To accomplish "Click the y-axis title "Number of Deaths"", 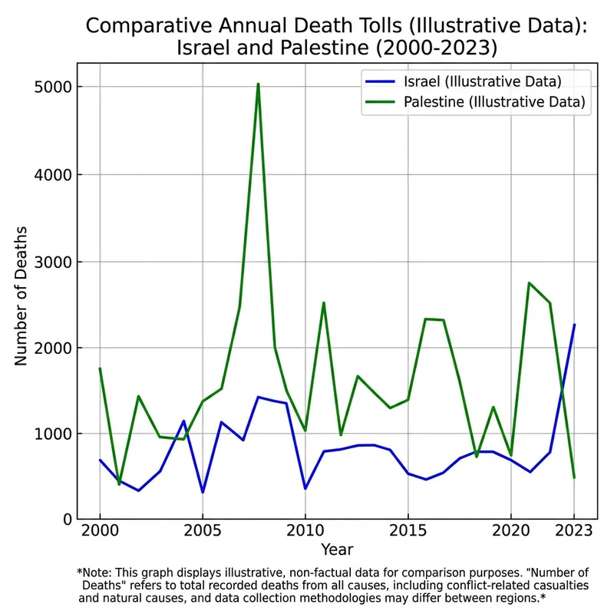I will coord(22,295).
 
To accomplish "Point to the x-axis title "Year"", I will coord(337,550).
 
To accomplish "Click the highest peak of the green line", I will coord(258,84).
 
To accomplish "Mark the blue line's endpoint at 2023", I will coord(573,325).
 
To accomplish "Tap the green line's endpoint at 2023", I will coord(573,477).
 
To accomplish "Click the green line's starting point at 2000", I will coord(100,368).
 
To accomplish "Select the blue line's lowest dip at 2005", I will coord(202,492).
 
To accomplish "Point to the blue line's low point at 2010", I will coord(305,488).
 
